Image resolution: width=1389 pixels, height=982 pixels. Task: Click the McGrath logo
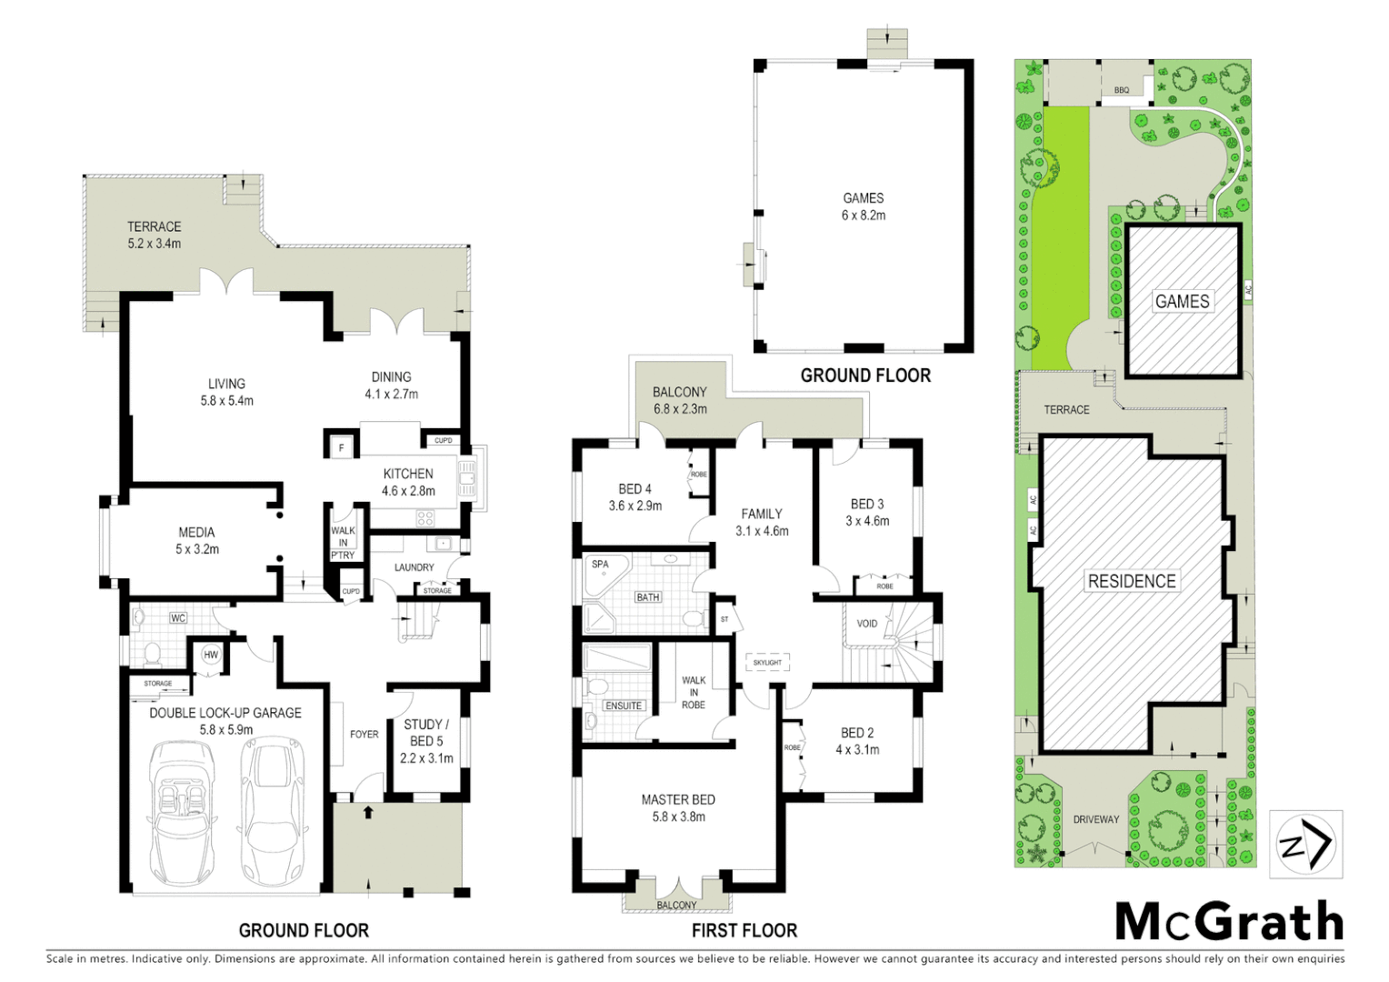click(x=1229, y=922)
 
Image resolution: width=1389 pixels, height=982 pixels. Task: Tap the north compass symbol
click(x=1305, y=845)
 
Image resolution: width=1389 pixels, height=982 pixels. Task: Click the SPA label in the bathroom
click(x=600, y=565)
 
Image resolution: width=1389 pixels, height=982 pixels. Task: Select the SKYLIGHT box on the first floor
click(x=767, y=663)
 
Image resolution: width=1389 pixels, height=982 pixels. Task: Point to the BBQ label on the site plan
click(x=1122, y=90)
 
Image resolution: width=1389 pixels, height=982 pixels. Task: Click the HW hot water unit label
click(x=211, y=655)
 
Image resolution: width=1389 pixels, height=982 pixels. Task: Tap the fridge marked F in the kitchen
click(x=342, y=447)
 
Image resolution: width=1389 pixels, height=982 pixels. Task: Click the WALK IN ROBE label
click(x=694, y=692)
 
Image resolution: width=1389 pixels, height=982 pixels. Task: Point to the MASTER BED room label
click(x=678, y=800)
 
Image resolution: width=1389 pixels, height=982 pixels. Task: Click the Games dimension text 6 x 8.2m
click(x=863, y=215)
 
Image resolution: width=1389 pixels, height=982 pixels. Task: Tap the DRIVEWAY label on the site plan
click(x=1095, y=819)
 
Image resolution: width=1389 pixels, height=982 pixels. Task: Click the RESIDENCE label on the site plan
click(x=1132, y=581)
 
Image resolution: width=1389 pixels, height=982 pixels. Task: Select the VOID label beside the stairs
click(x=867, y=624)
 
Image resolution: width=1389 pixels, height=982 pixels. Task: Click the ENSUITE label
click(x=624, y=706)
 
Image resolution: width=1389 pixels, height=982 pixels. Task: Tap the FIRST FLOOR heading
click(x=744, y=930)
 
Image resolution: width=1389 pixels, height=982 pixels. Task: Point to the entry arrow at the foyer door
click(x=368, y=812)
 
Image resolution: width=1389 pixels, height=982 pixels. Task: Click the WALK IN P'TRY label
click(x=343, y=543)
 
